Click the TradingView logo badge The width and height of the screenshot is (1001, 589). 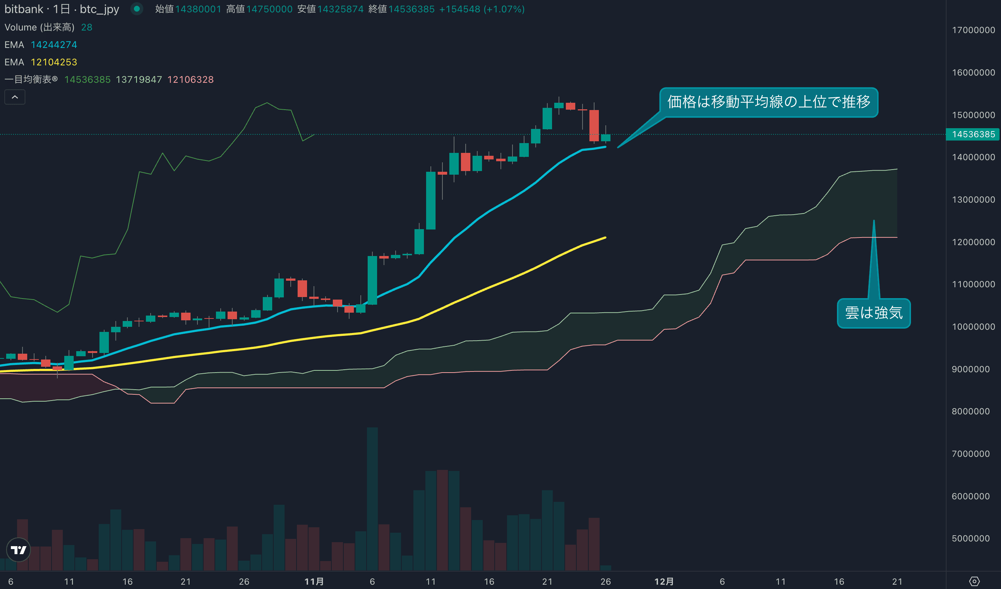click(18, 550)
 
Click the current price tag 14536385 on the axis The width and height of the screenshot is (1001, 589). click(973, 134)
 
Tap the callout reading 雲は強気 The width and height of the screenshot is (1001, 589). click(874, 313)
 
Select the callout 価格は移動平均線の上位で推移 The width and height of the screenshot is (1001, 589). click(768, 102)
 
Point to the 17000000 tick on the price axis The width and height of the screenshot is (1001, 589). click(973, 30)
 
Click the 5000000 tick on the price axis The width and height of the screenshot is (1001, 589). click(971, 539)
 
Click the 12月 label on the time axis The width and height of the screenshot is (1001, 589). click(664, 581)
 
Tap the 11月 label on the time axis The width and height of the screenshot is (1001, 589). click(314, 581)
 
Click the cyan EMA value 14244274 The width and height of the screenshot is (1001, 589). click(54, 45)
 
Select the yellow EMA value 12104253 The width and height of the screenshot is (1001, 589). click(54, 62)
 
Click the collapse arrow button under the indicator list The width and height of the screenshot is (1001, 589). click(15, 97)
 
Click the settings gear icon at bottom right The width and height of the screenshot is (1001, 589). click(974, 581)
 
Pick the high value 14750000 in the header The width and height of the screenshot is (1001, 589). click(269, 9)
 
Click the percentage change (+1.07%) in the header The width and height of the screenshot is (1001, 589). click(504, 9)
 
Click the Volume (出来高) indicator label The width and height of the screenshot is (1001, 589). click(39, 28)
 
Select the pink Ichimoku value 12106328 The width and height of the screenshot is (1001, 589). click(190, 80)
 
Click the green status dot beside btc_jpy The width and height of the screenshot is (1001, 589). click(136, 9)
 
